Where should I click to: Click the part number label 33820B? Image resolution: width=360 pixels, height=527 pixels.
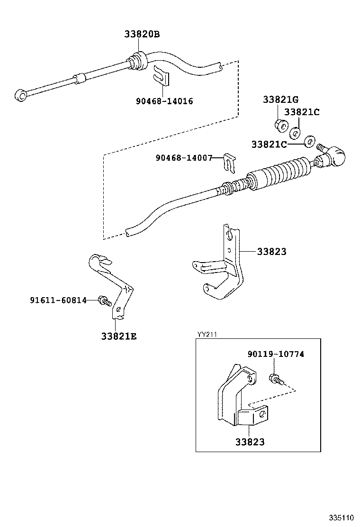coord(142,34)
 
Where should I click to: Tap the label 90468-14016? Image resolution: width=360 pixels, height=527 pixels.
coord(164,101)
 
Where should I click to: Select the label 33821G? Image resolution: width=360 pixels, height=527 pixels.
coord(280,100)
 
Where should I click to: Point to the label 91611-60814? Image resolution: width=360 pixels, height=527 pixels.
coord(58,300)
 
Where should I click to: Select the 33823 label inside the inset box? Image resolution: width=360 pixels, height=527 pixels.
coord(250,442)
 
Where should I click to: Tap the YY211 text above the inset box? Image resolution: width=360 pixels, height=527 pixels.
coord(207,334)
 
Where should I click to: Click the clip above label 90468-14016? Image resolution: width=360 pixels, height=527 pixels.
coord(162,76)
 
